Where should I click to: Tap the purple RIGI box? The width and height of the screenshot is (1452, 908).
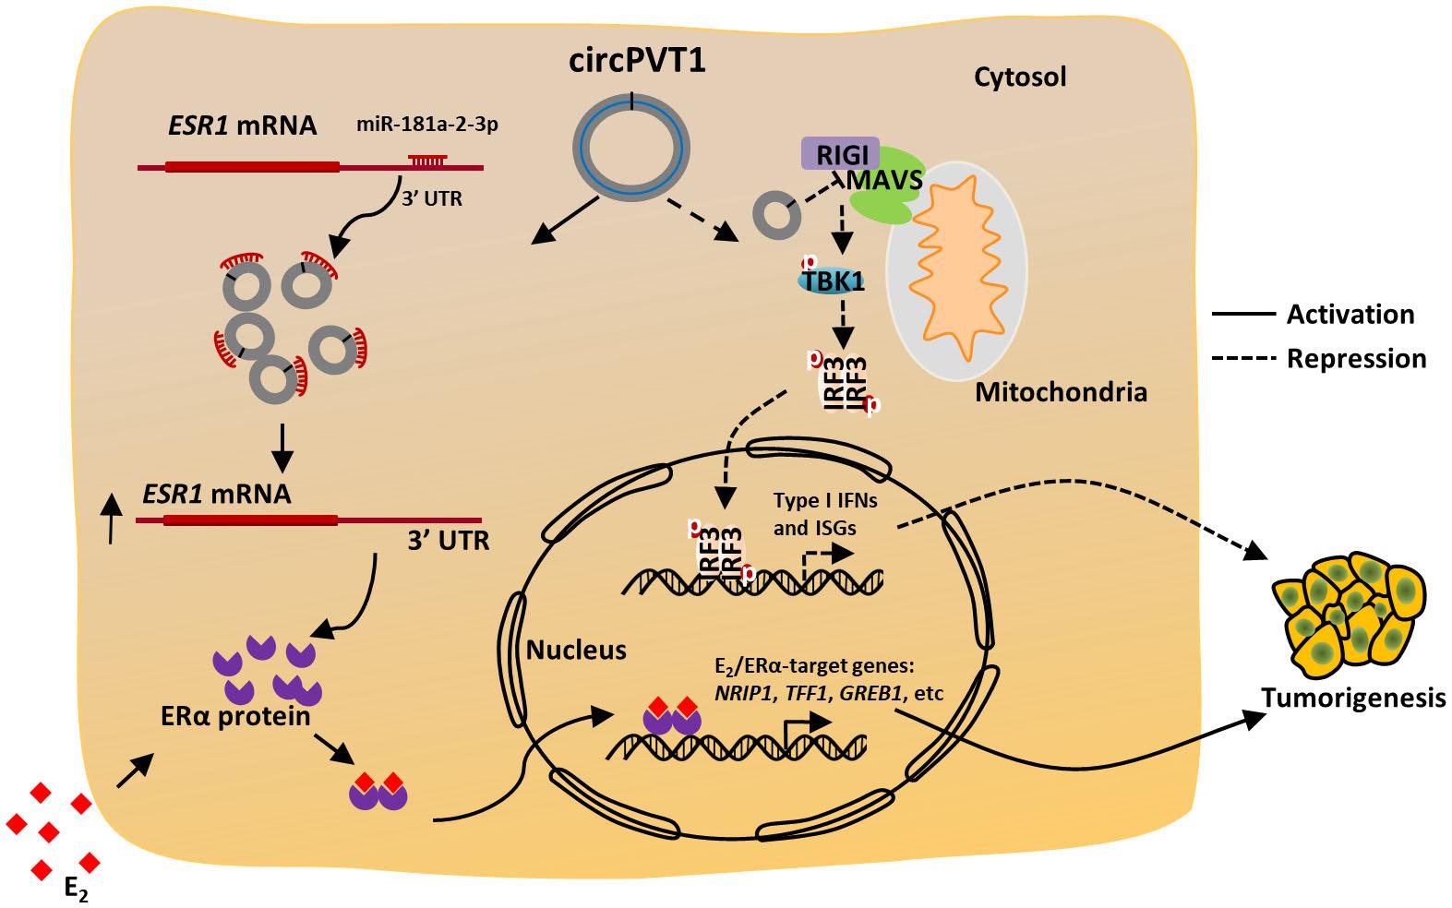(x=839, y=155)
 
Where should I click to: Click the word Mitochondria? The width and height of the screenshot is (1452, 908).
(x=1061, y=393)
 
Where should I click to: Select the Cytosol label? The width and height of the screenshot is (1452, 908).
(x=1020, y=77)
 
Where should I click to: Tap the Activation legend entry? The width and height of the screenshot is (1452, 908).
(x=1350, y=315)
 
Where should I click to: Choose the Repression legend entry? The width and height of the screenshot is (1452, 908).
(x=1356, y=358)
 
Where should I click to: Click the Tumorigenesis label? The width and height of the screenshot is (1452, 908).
(x=1353, y=699)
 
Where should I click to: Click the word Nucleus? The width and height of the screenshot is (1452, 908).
(x=576, y=651)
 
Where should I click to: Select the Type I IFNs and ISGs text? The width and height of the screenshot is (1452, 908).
(x=823, y=514)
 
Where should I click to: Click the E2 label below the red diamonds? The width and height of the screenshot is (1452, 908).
(x=78, y=890)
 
